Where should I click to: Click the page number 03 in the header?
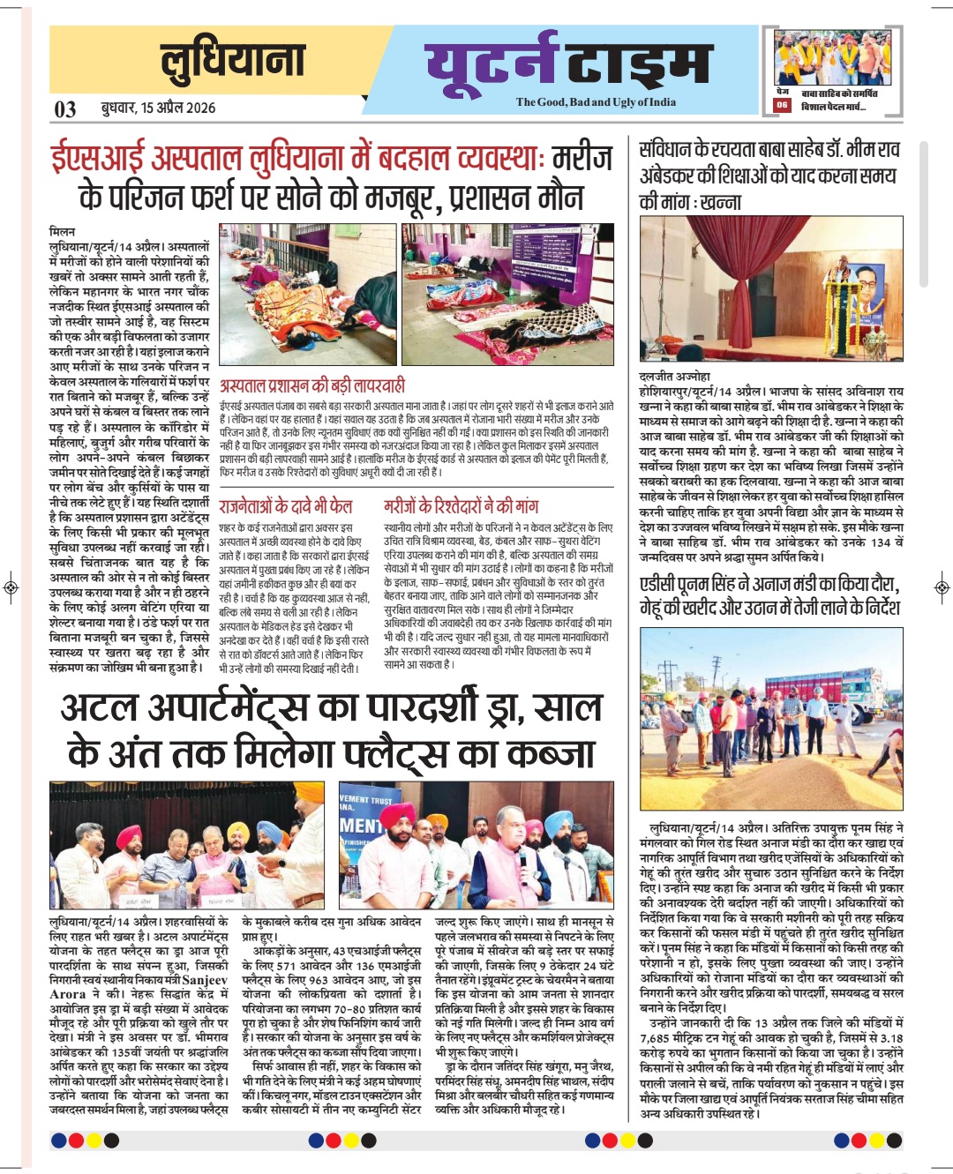click(x=65, y=108)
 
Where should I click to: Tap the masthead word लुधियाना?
click(x=233, y=61)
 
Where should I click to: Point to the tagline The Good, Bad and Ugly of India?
click(x=596, y=102)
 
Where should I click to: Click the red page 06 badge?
click(x=782, y=105)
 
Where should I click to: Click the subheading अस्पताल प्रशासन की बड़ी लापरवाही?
click(x=311, y=385)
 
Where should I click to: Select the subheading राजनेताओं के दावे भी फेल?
click(x=285, y=506)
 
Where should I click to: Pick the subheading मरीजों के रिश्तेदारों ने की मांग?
click(x=461, y=506)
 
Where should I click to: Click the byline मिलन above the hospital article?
click(x=62, y=231)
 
